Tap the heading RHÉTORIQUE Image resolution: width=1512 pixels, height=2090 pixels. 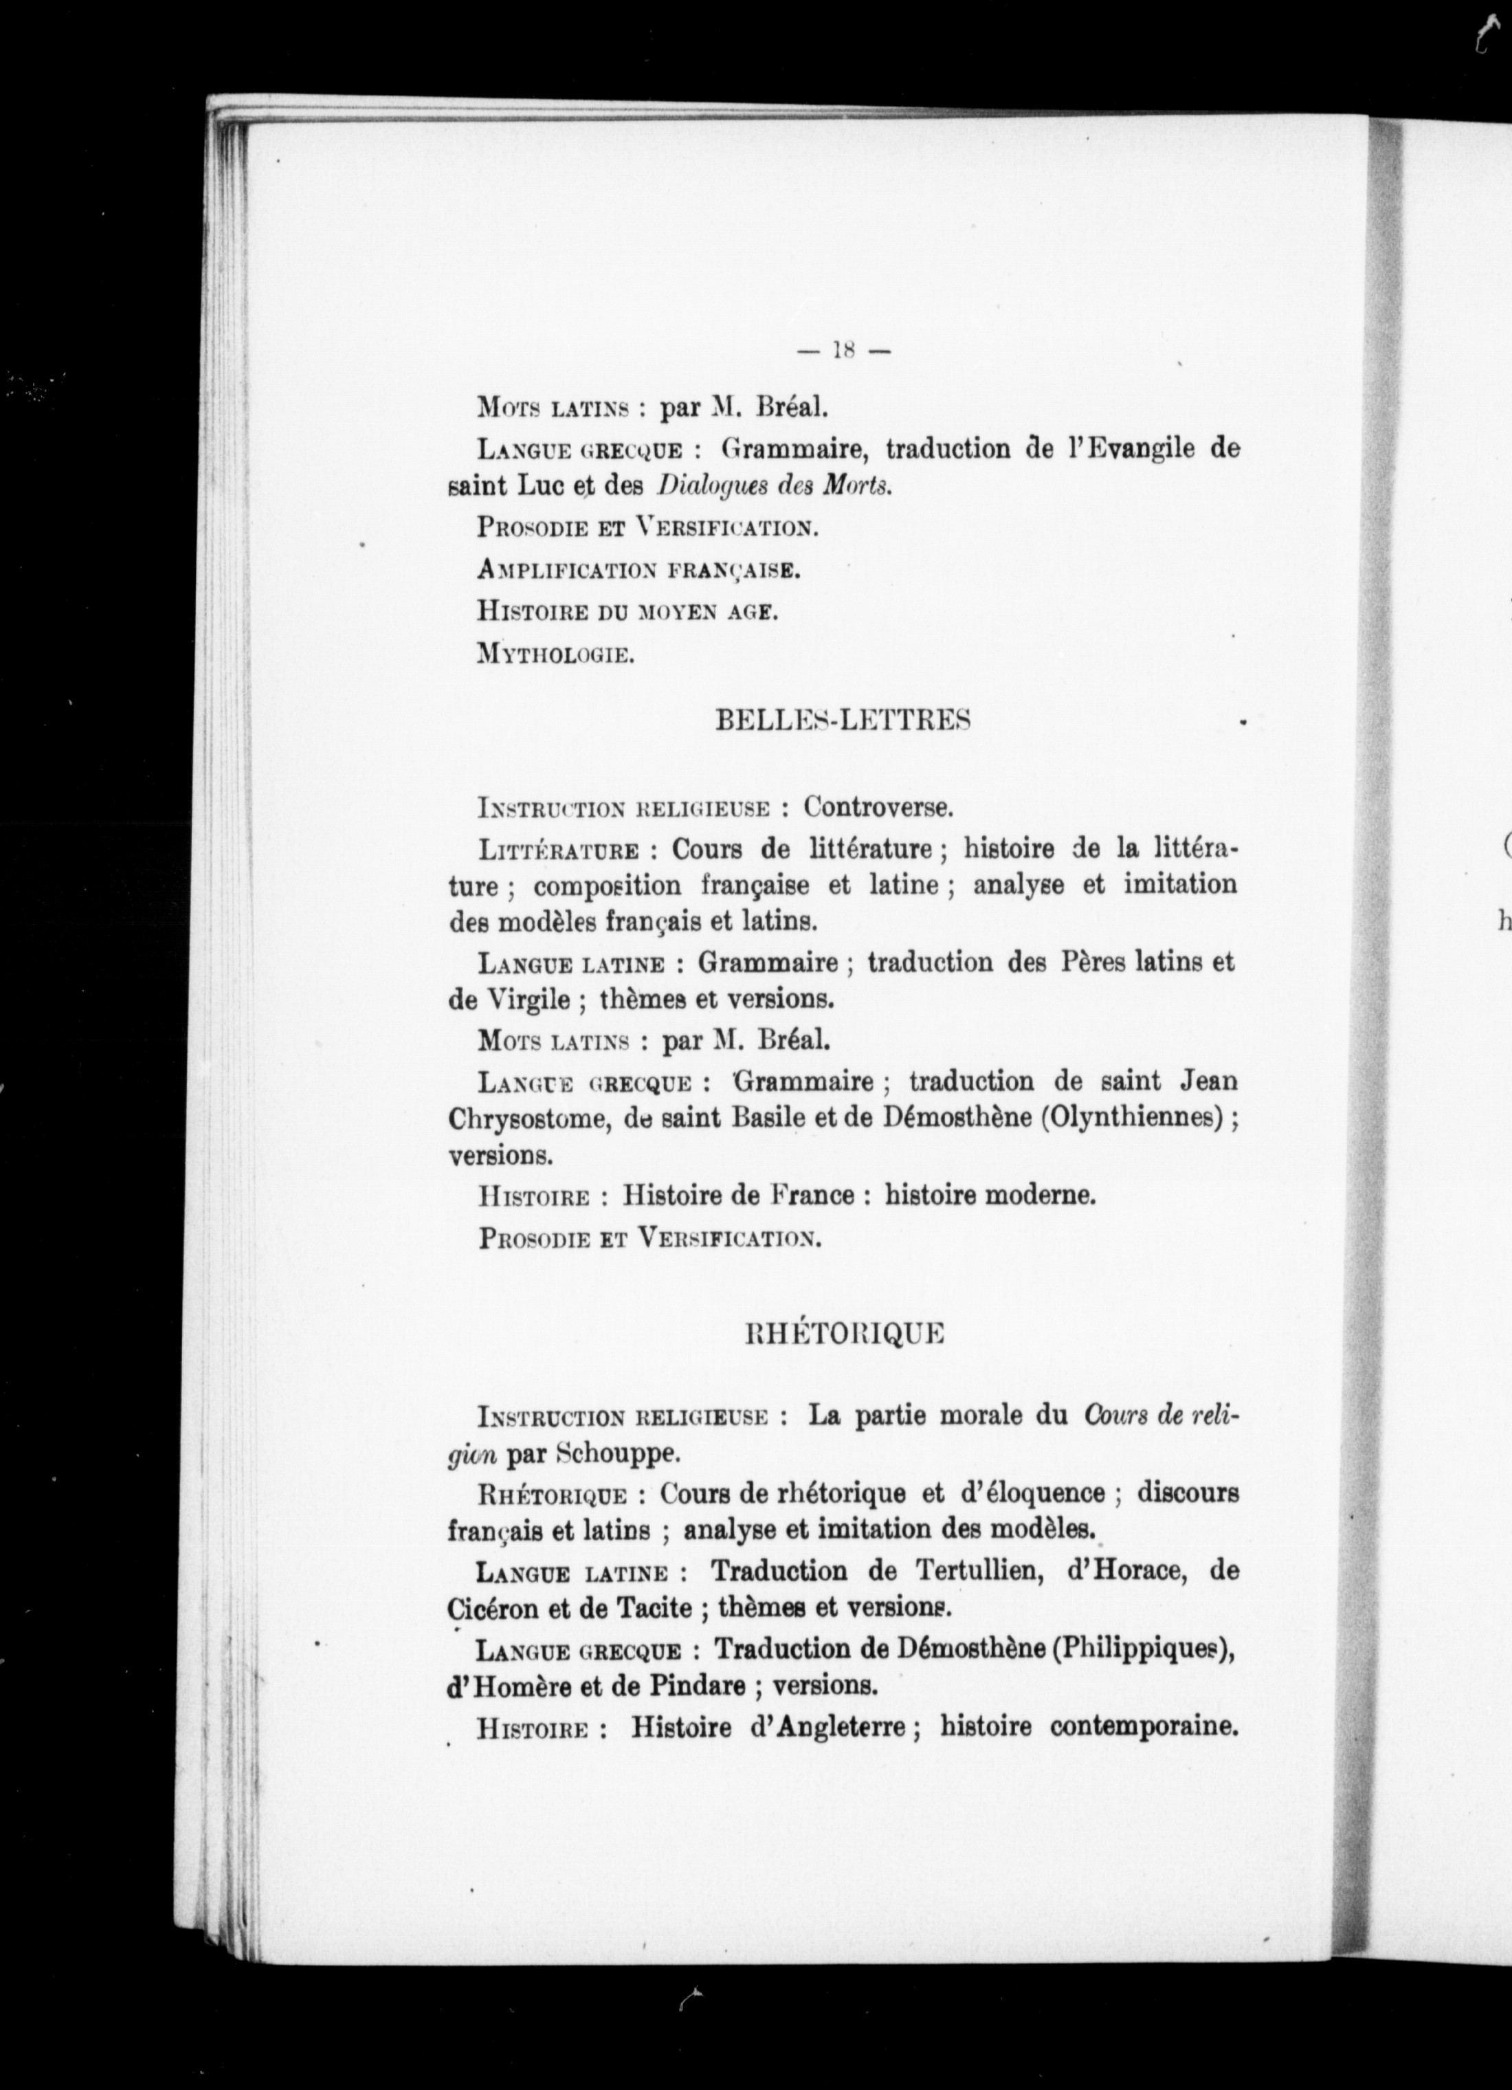(x=844, y=1334)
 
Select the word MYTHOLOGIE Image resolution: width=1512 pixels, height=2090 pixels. (x=555, y=655)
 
